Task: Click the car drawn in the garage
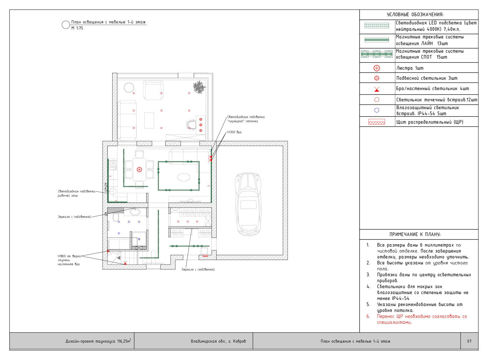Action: point(248,204)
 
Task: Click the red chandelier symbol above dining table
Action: point(139,170)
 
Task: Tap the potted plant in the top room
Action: point(199,87)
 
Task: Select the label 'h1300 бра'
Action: point(235,132)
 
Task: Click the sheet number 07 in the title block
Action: point(469,341)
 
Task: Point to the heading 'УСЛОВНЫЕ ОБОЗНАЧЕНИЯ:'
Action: point(415,15)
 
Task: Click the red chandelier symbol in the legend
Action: point(377,68)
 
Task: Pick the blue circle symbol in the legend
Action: point(377,110)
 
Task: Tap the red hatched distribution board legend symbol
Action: point(377,122)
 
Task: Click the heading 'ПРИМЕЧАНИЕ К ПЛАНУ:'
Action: point(415,235)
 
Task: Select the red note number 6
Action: point(368,316)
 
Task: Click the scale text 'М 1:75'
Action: point(77,28)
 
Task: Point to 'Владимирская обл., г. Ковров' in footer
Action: point(218,341)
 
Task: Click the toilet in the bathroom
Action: point(116,217)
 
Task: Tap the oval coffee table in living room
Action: point(184,177)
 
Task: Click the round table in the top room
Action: point(129,88)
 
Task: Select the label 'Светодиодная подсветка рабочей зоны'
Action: point(77,193)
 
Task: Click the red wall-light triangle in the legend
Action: point(377,89)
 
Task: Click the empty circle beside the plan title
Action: point(62,25)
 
